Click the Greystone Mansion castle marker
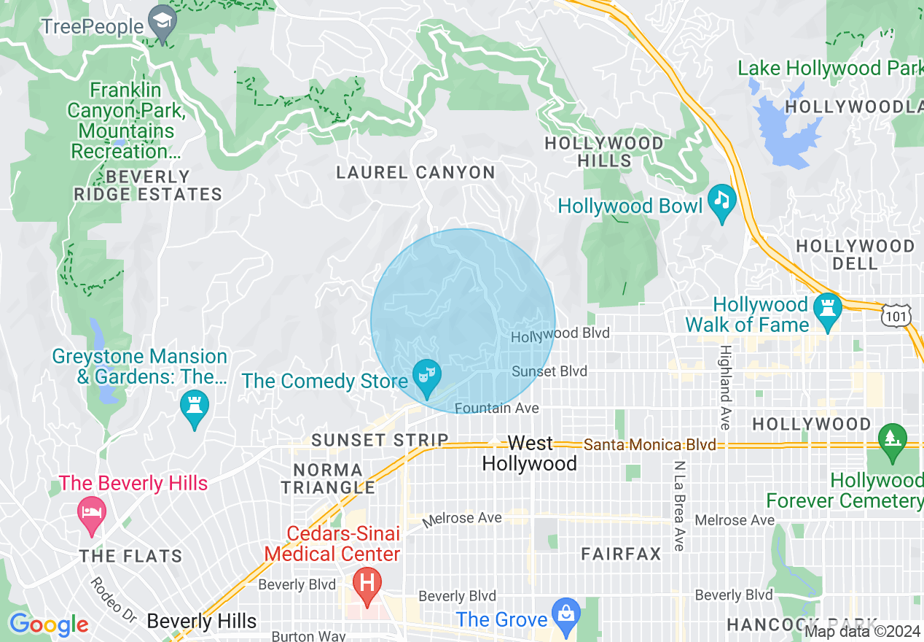(195, 409)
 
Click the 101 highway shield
(894, 315)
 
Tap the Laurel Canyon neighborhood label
(415, 173)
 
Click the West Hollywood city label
(530, 453)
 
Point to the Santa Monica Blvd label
(650, 444)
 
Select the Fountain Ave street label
(497, 409)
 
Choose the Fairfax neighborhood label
(622, 554)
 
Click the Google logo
(49, 624)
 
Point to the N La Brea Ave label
(680, 506)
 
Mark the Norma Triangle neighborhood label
(328, 479)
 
